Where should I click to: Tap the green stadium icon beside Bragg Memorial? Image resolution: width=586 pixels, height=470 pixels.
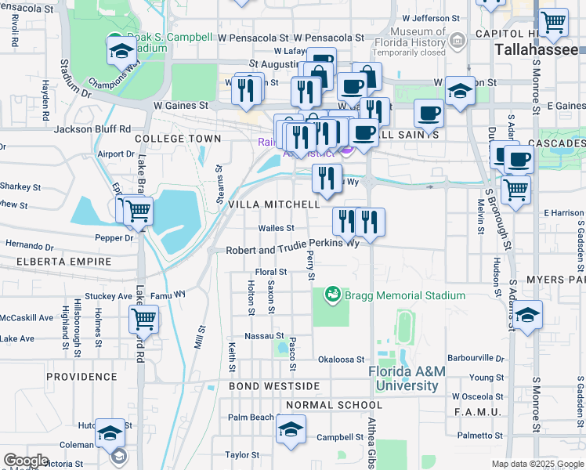click(333, 295)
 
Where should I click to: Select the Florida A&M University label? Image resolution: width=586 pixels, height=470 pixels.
click(407, 379)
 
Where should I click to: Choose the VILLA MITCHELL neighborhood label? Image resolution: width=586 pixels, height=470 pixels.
click(273, 204)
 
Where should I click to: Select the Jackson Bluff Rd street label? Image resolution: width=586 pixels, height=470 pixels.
click(92, 128)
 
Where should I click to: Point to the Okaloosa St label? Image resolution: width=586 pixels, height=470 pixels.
click(342, 360)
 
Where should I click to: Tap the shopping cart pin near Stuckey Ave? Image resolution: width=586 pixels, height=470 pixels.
click(144, 318)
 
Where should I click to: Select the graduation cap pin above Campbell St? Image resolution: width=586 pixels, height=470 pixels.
click(291, 430)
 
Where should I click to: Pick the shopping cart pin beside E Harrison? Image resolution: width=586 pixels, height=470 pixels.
click(515, 190)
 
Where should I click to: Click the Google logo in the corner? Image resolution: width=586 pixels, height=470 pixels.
click(26, 461)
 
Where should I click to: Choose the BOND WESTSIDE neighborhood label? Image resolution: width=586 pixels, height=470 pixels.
click(274, 386)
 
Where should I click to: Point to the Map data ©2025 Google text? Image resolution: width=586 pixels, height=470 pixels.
click(537, 464)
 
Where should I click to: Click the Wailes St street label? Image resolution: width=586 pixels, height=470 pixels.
click(277, 228)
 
